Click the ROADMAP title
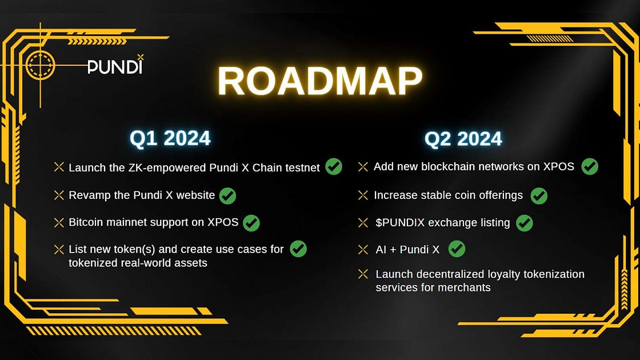[320, 81]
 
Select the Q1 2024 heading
[170, 138]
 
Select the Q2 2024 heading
[463, 139]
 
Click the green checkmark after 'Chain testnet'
[334, 166]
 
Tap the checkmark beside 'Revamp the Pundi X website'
[227, 196]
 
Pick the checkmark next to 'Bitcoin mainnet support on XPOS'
[251, 223]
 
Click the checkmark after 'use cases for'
[298, 249]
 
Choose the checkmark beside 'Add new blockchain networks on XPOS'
[590, 166]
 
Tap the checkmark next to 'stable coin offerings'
[539, 196]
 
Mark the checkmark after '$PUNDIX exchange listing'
[525, 223]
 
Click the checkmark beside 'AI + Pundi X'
[457, 249]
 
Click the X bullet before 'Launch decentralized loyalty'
[363, 274]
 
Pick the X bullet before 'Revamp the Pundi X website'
[59, 195]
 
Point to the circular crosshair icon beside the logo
[41, 65]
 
